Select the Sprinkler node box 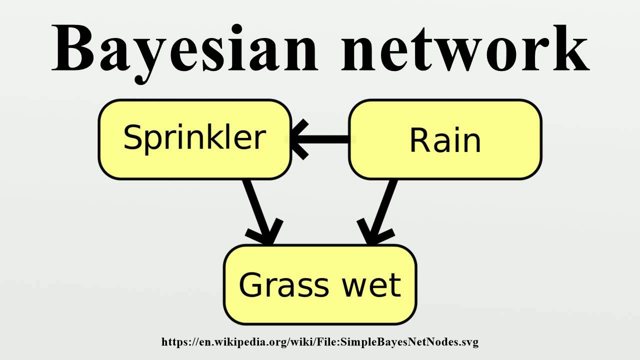point(194,139)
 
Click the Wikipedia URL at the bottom point(320,342)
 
